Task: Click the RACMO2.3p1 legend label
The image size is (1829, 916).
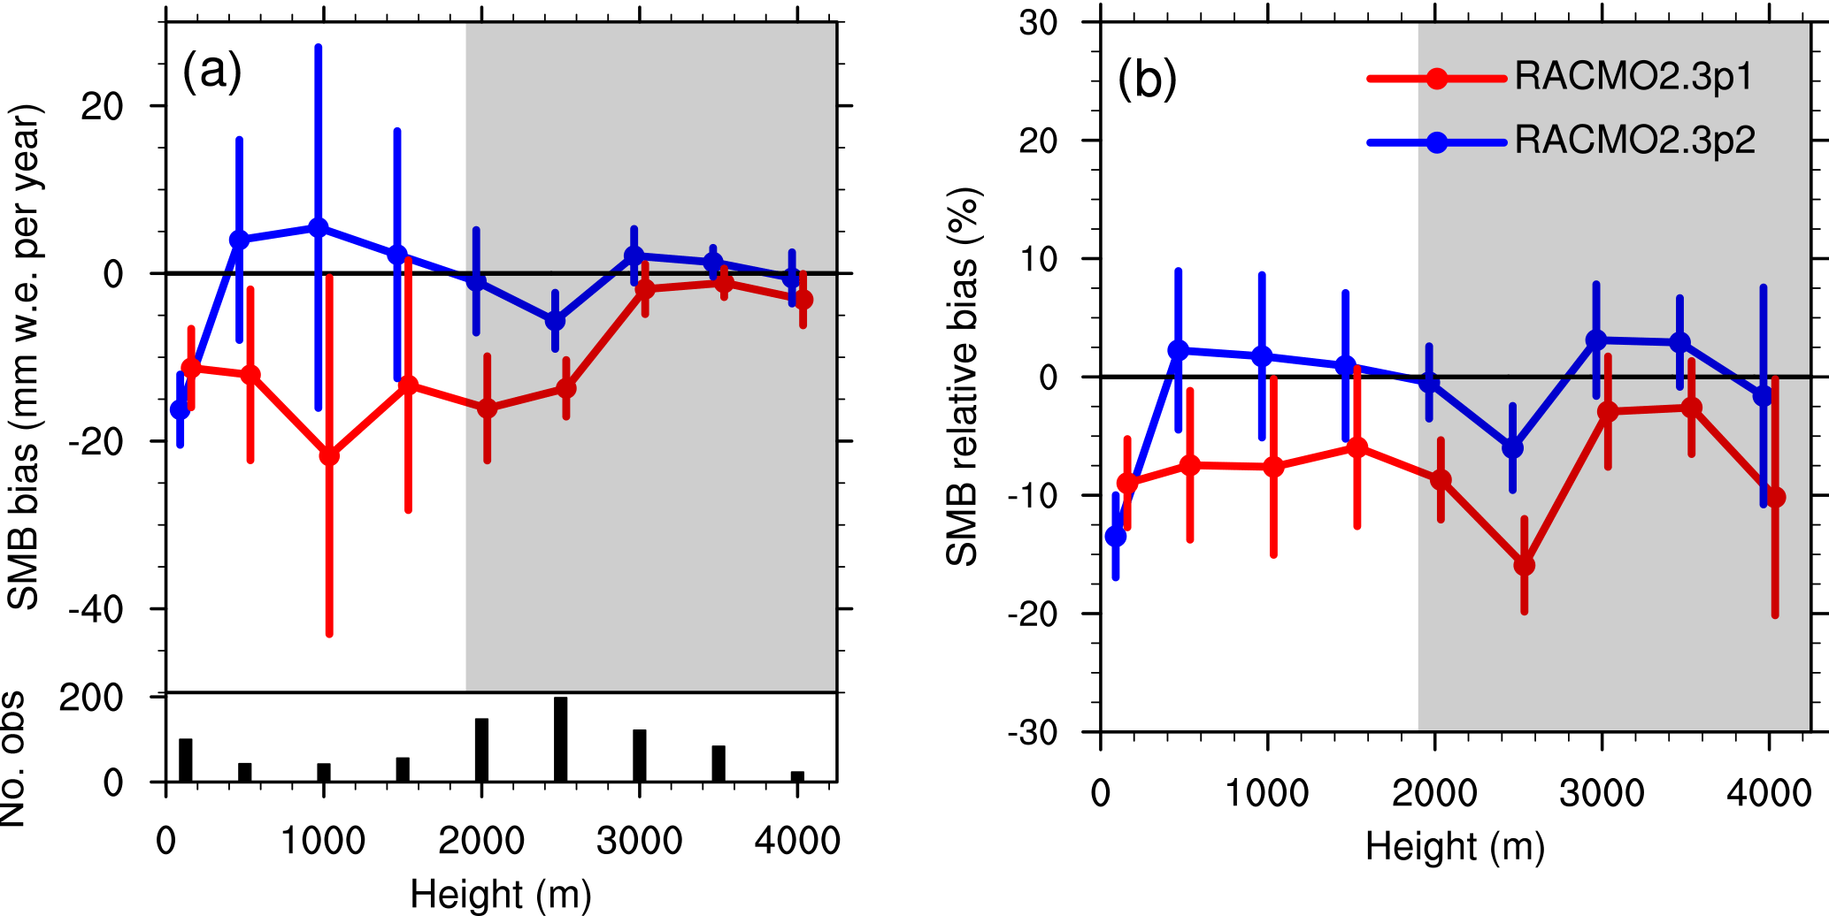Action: [x=1633, y=78]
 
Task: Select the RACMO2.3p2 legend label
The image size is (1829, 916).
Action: [x=1634, y=141]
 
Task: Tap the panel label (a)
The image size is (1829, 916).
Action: [x=211, y=71]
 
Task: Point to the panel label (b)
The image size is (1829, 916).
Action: [x=1147, y=80]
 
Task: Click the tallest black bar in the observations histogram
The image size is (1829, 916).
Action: [x=560, y=739]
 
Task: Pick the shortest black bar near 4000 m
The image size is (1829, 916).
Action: [x=797, y=776]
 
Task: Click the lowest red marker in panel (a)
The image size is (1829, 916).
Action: [x=329, y=456]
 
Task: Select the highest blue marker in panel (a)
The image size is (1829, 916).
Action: [x=318, y=228]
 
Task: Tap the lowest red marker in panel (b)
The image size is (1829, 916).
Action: [x=1524, y=565]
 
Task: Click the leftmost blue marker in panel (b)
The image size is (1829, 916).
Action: [x=1116, y=536]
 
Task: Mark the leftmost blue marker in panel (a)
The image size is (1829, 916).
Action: [x=181, y=409]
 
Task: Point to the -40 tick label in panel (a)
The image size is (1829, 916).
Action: [x=96, y=609]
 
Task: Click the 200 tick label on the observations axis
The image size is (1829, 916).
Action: [x=91, y=698]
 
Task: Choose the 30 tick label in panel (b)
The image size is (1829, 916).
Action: [x=1038, y=23]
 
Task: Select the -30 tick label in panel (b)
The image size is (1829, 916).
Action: [x=1033, y=732]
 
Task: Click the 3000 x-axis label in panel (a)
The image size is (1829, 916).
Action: [x=639, y=840]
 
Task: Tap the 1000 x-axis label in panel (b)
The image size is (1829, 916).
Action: [x=1266, y=793]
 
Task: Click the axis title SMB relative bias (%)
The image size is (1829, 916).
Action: [x=963, y=377]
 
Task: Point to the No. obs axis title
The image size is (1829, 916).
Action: [x=14, y=759]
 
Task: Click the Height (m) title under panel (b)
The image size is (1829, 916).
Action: [x=1455, y=847]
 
